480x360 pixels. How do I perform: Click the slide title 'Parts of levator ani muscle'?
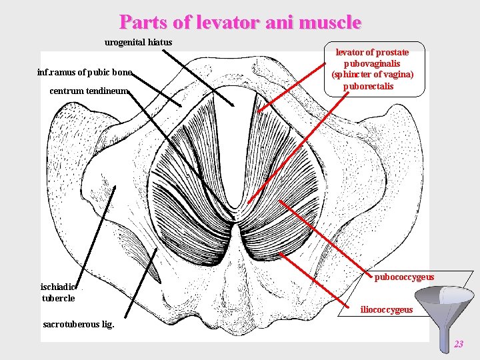pos(240,22)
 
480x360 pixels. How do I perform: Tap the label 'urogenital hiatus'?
pos(138,43)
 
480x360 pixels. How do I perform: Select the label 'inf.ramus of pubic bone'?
pos(85,72)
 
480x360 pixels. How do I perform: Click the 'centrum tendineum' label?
pos(89,91)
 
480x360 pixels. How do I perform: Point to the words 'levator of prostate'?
pos(372,52)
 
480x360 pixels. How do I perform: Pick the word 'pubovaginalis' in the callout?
pos(372,63)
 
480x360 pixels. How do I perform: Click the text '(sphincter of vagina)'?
pos(373,75)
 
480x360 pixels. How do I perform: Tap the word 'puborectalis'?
pos(368,86)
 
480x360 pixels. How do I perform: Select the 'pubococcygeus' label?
pos(404,277)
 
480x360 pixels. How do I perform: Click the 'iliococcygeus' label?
pos(386,310)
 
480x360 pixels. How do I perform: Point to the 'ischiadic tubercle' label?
pos(59,293)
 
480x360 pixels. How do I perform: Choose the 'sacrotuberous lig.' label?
pos(78,325)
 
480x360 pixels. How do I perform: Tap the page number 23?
pos(458,344)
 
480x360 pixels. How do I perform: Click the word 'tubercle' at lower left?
pos(58,298)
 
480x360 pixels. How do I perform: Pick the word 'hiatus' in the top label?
pos(160,43)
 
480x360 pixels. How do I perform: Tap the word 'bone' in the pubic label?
pos(122,72)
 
